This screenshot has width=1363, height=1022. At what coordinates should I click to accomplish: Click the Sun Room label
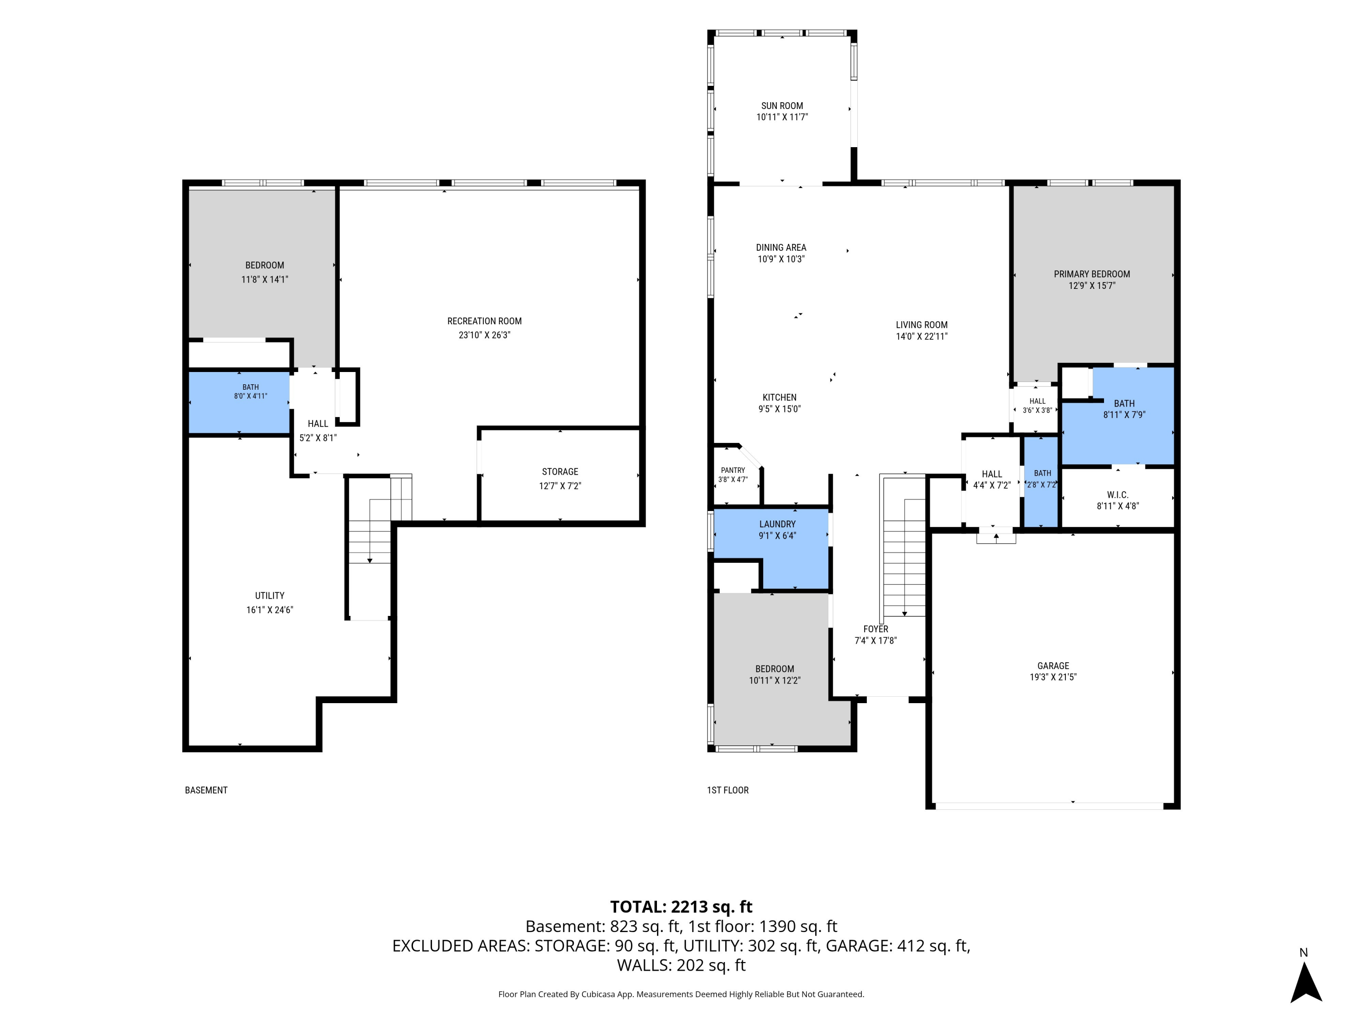click(782, 106)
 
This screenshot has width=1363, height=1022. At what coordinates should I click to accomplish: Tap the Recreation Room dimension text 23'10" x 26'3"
click(484, 335)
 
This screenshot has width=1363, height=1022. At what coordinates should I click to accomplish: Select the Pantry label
click(733, 470)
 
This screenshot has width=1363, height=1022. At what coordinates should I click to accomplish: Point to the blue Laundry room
click(795, 548)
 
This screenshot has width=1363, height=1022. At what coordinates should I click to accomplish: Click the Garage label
click(1053, 666)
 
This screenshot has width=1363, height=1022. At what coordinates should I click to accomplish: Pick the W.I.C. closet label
click(1118, 495)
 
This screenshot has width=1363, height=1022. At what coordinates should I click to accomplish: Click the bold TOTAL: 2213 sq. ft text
click(681, 907)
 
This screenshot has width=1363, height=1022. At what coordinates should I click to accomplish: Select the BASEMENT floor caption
click(206, 790)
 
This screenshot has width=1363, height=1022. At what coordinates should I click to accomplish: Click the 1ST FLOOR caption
click(728, 790)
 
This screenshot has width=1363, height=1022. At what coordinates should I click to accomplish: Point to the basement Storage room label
click(560, 472)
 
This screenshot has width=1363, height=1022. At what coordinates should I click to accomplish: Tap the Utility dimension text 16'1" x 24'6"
click(270, 610)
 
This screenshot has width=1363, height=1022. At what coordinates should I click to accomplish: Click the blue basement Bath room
click(239, 402)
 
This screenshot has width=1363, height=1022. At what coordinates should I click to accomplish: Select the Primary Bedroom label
click(1092, 274)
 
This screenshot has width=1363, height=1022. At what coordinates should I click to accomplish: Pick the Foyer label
click(876, 629)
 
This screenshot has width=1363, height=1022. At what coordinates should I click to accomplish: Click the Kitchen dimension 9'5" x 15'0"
click(780, 409)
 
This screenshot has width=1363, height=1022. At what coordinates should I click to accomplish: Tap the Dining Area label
click(781, 248)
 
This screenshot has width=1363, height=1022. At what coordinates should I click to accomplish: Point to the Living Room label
click(922, 325)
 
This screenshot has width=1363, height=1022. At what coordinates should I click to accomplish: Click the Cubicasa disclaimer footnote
click(681, 994)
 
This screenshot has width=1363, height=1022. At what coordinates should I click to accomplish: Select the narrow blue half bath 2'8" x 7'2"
click(1041, 482)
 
